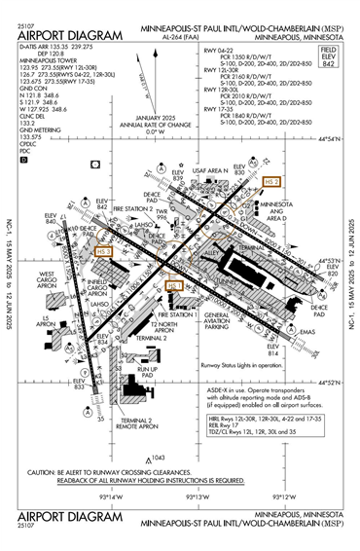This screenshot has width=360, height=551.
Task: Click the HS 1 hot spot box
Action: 176,286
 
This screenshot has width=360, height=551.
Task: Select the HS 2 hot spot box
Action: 272,182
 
